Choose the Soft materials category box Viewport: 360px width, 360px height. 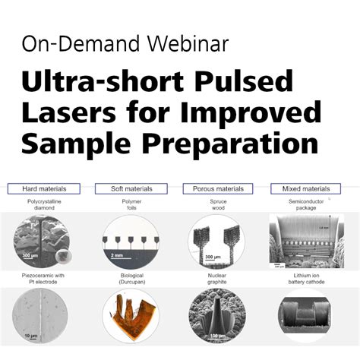click(130, 188)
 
